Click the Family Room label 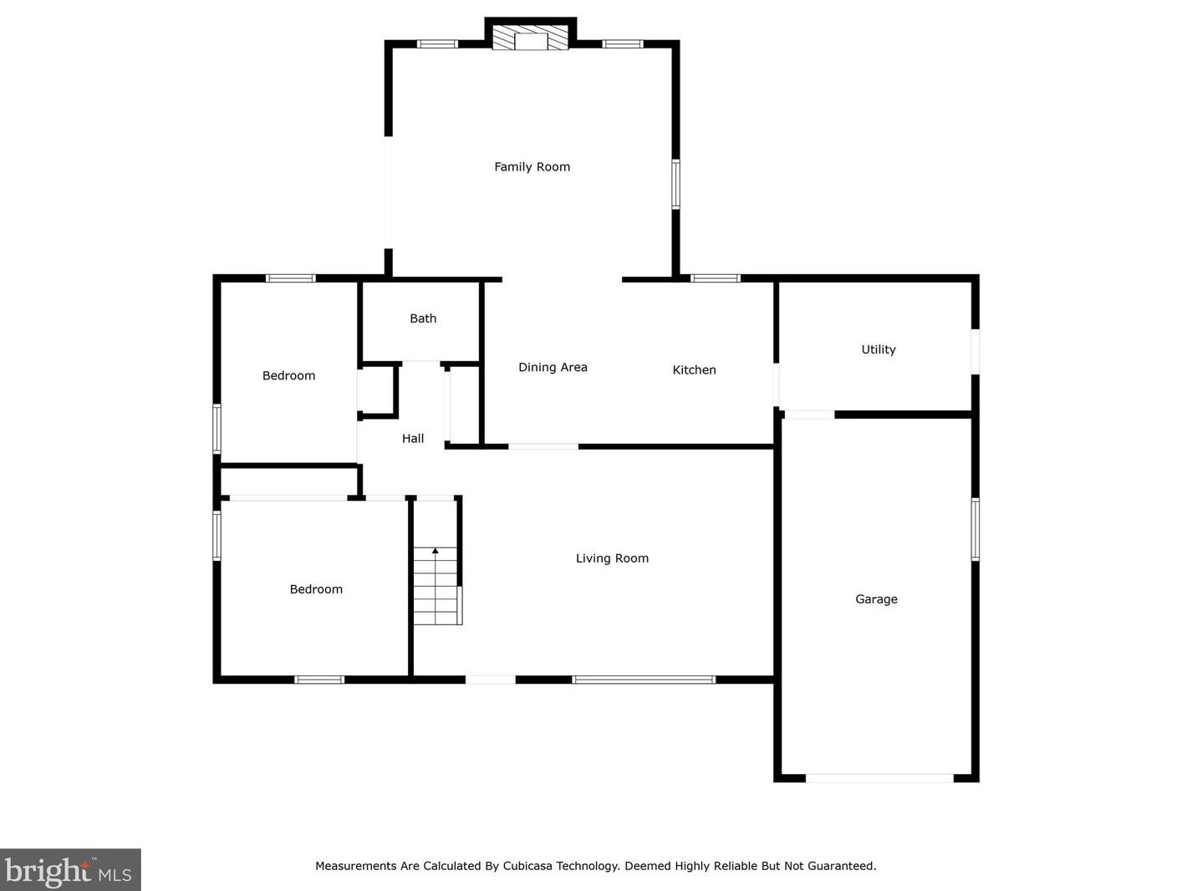[x=532, y=167]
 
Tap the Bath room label [x=423, y=318]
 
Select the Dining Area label [x=553, y=368]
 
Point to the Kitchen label [x=694, y=370]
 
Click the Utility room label [x=878, y=349]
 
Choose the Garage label [x=876, y=599]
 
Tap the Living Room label [x=612, y=558]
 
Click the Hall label [x=413, y=439]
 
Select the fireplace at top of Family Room [x=530, y=39]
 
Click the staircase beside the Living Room [x=436, y=586]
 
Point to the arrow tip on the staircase [x=436, y=550]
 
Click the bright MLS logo [x=69, y=871]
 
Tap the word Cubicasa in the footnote [x=527, y=866]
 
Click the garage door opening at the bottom [x=879, y=778]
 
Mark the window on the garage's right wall [x=975, y=529]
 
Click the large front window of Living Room [x=644, y=680]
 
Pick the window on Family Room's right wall [x=675, y=184]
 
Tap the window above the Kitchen [x=716, y=278]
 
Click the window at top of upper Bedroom [x=291, y=278]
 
